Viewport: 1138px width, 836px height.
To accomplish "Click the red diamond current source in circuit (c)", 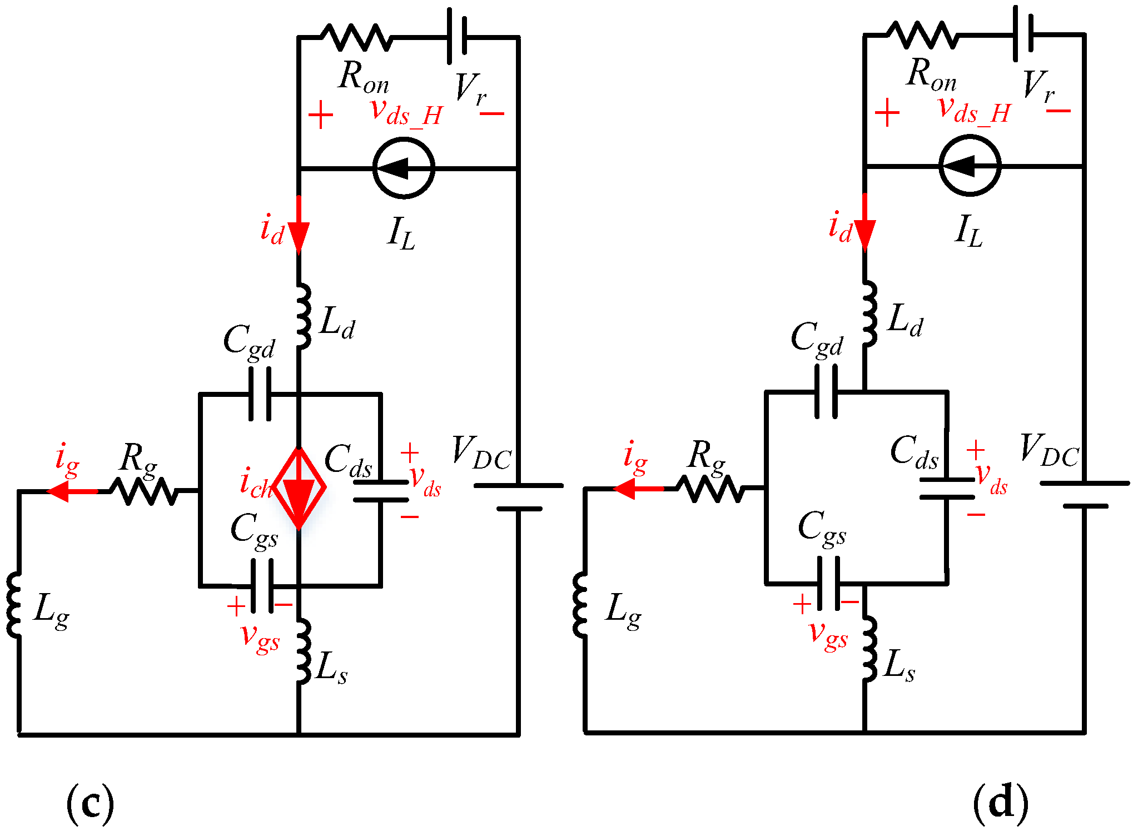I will pyautogui.click(x=299, y=489).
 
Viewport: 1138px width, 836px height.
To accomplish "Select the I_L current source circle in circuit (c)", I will pyautogui.click(x=404, y=168).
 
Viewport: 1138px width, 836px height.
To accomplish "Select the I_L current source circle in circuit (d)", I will pyautogui.click(x=970, y=166).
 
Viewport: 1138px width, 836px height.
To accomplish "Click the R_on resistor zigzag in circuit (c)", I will pyautogui.click(x=356, y=37).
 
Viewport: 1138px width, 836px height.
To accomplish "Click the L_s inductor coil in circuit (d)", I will pyautogui.click(x=868, y=648).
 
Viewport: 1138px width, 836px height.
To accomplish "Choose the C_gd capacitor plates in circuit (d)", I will pyautogui.click(x=826, y=392).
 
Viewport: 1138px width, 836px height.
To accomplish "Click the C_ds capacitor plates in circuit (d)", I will pyautogui.click(x=947, y=488).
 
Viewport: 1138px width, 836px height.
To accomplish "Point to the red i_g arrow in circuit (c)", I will pyautogui.click(x=72, y=491).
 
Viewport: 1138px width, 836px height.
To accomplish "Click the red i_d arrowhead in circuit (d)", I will pyautogui.click(x=864, y=233).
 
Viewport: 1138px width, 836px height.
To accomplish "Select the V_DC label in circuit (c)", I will pyautogui.click(x=481, y=453).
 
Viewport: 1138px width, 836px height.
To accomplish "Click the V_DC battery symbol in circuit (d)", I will pyautogui.click(x=1085, y=495).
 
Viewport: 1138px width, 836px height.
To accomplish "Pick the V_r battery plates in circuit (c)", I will pyautogui.click(x=457, y=36).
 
